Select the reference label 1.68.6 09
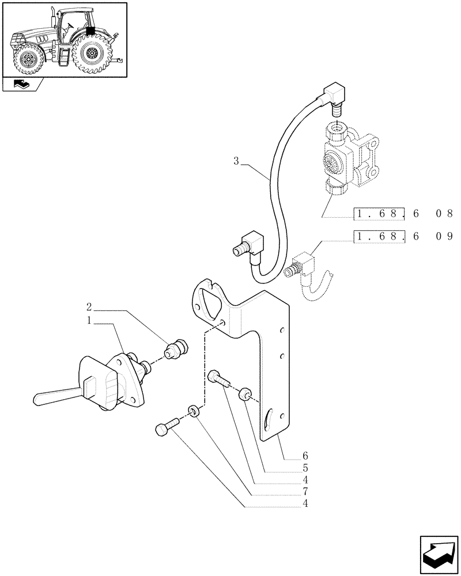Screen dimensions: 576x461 coord(403,236)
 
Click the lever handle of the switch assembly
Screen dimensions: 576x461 coord(55,396)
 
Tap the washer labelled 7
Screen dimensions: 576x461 coord(194,411)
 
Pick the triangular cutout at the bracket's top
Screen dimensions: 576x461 coord(206,300)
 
